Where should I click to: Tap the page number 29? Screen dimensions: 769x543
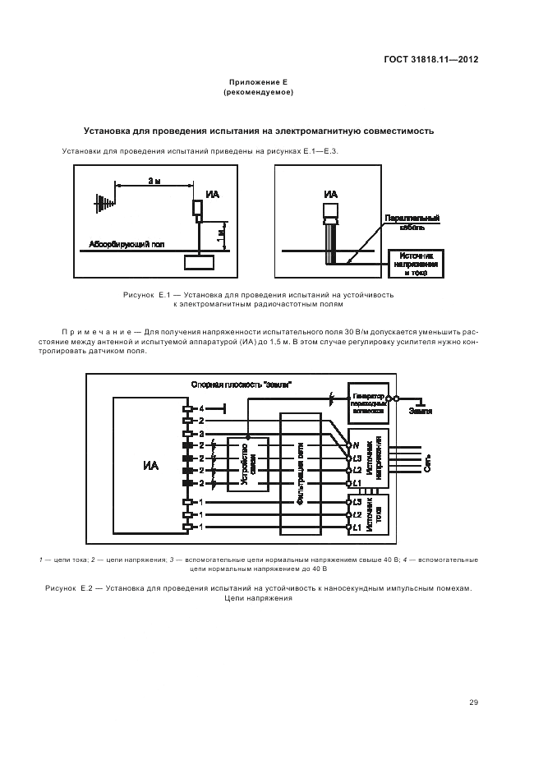click(473, 702)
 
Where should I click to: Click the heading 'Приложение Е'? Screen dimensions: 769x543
click(258, 84)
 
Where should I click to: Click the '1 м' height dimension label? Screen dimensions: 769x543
click(219, 234)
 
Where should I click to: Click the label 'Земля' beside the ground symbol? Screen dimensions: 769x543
click(421, 411)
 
